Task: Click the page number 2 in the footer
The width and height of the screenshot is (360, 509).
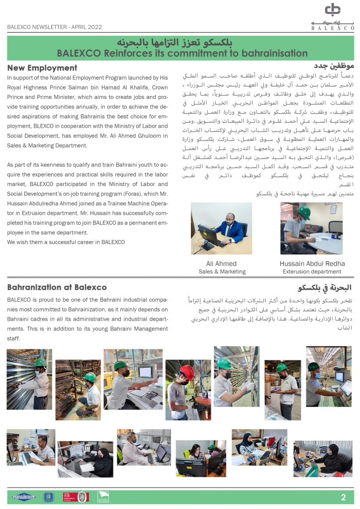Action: click(343, 498)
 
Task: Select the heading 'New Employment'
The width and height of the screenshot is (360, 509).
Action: click(42, 68)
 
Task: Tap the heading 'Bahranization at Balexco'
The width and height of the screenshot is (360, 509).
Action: click(57, 287)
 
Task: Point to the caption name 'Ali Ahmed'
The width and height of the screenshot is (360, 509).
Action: click(221, 263)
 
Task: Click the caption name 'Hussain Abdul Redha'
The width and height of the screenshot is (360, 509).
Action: click(312, 263)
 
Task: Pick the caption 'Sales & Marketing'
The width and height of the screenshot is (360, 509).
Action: click(222, 272)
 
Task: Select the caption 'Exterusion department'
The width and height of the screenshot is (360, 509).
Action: click(312, 272)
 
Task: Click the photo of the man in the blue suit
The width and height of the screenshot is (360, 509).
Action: click(221, 229)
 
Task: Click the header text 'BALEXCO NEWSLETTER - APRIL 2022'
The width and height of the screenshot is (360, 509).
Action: click(55, 27)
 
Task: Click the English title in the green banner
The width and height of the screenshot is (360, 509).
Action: click(182, 53)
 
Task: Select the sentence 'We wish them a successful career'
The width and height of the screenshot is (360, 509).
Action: click(66, 242)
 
